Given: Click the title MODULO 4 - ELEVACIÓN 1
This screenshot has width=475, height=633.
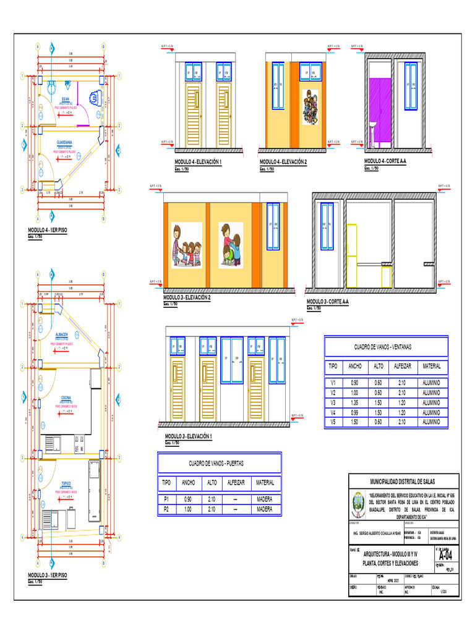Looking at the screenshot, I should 198,162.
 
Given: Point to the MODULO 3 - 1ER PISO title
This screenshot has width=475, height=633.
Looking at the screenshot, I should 48,576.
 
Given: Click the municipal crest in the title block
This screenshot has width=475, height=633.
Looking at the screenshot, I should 358,504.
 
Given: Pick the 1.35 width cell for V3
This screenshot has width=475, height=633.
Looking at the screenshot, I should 355,402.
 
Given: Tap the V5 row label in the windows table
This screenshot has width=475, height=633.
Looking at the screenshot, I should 332,422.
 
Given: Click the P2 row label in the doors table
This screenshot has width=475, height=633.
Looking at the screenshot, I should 166,509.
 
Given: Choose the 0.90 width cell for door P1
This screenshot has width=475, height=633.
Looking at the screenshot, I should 187,499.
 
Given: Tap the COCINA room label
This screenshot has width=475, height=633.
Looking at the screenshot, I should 66,398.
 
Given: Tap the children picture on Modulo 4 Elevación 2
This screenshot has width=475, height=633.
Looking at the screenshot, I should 310,105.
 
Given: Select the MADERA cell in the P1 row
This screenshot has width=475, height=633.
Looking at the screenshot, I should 264,499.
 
